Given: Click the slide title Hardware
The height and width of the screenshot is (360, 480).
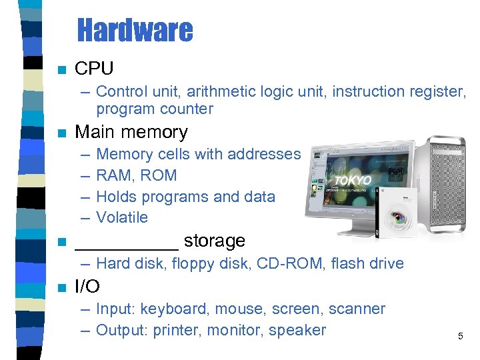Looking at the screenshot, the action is [135, 30].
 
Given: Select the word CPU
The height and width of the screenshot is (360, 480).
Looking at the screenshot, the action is [94, 68].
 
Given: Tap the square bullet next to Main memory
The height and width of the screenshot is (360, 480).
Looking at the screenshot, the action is [62, 133].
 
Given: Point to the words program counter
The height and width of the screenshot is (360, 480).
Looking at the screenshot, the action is [155, 109].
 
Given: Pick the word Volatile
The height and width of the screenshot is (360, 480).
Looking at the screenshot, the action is [122, 217].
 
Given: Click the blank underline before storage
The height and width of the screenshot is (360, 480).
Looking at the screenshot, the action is [127, 243].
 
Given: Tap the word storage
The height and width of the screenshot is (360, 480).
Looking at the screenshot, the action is [214, 240].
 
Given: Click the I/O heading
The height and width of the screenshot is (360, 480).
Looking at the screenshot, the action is [87, 287].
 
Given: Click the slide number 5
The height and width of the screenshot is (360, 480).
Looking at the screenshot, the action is [460, 337].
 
